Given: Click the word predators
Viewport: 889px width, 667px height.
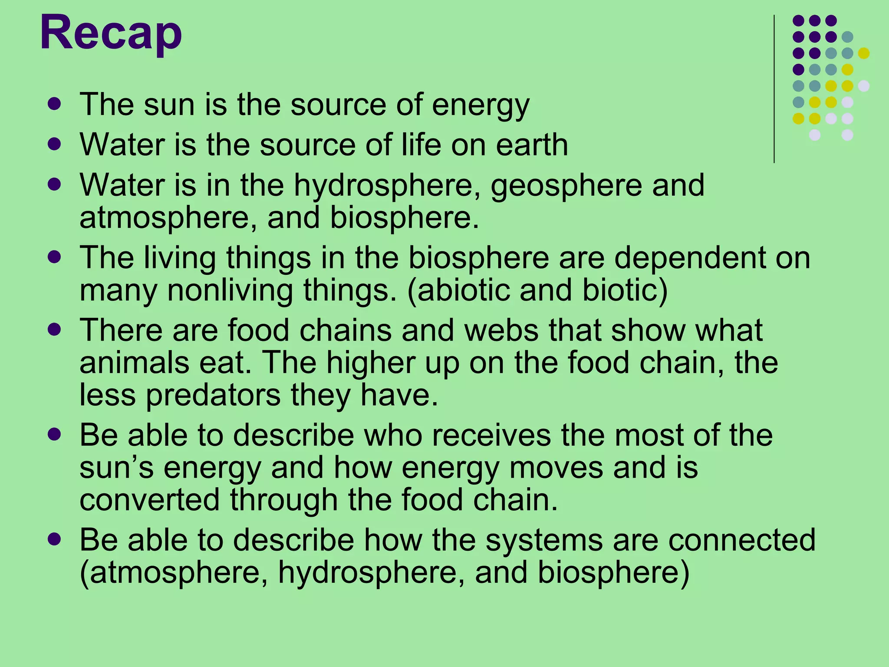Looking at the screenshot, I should [x=213, y=396].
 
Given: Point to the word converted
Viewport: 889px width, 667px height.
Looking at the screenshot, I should [x=150, y=500].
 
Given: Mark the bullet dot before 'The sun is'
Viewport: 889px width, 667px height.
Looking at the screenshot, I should [x=55, y=104].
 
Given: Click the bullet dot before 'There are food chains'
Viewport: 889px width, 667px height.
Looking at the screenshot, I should [x=55, y=329].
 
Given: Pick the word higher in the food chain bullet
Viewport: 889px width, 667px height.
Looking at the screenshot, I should [x=371, y=363].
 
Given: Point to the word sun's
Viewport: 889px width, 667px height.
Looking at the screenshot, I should [x=116, y=468].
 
